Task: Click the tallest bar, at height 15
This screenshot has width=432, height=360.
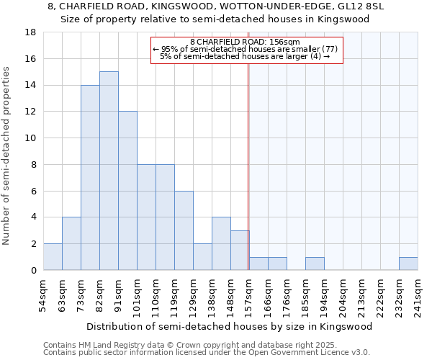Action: pos(109,171)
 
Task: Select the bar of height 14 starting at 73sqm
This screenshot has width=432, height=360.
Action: pos(90,178)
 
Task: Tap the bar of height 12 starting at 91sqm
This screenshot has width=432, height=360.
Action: pos(127,191)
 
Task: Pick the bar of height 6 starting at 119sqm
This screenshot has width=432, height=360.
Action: pos(184,230)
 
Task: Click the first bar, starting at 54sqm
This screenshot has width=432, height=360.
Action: pos(53,257)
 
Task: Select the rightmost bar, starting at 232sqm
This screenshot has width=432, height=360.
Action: pos(408,264)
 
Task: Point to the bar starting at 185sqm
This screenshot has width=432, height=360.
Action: pos(315,264)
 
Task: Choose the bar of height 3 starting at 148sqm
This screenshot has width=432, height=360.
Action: pos(240,251)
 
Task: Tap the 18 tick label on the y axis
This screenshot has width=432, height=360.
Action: pos(30,32)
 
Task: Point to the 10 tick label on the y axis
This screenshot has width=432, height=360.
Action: pos(30,138)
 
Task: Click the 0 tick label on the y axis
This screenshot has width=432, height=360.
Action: pos(33,271)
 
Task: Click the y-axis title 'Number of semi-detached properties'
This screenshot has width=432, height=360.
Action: pos(7,156)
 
